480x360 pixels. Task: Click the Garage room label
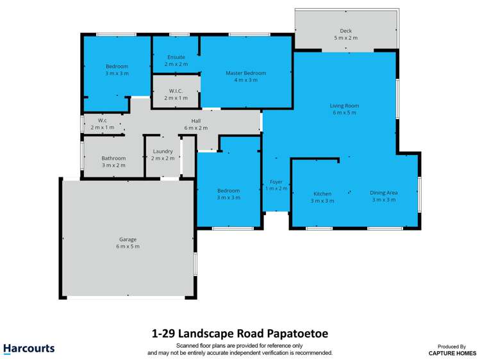pos(128,238)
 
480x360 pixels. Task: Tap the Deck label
pos(345,31)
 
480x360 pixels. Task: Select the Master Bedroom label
pos(245,73)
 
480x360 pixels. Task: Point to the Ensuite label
pos(176,57)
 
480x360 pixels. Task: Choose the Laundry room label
pos(163,151)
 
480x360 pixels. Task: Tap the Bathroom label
pos(113,158)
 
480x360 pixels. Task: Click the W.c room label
pos(102,120)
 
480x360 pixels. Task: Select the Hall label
pos(196,120)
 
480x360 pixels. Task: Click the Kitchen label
pos(322,193)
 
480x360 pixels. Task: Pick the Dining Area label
pos(384,192)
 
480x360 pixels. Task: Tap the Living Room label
pos(344,106)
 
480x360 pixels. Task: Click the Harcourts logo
pos(29,349)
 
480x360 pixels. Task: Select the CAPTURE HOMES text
pos(452,352)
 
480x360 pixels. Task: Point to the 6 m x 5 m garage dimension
pos(128,246)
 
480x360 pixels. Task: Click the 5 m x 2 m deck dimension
pos(345,38)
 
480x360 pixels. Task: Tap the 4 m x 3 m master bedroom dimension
pos(245,81)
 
